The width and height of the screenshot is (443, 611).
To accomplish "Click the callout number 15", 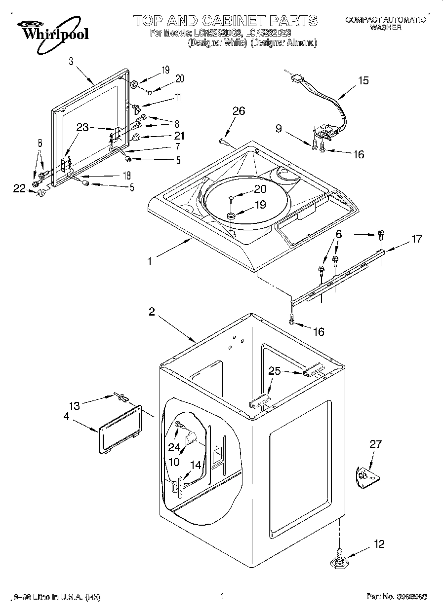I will click(x=363, y=81).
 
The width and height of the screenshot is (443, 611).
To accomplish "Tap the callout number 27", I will click(x=375, y=444).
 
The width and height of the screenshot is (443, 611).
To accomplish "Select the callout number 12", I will click(x=379, y=544).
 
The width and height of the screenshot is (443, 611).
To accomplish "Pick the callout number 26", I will click(x=239, y=111).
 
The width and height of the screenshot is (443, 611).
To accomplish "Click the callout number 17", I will click(x=417, y=239).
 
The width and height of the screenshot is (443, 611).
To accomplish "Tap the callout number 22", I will click(x=19, y=188).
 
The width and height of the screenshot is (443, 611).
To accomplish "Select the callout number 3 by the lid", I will click(x=71, y=62).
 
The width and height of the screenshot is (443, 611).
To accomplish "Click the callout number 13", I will click(x=74, y=406).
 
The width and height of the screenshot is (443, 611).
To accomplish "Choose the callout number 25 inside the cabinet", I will click(x=275, y=371).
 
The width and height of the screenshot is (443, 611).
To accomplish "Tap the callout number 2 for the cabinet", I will click(x=152, y=312).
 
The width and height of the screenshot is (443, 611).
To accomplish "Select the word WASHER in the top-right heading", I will click(x=385, y=28).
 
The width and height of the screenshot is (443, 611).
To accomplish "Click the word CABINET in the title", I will click(x=231, y=20).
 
